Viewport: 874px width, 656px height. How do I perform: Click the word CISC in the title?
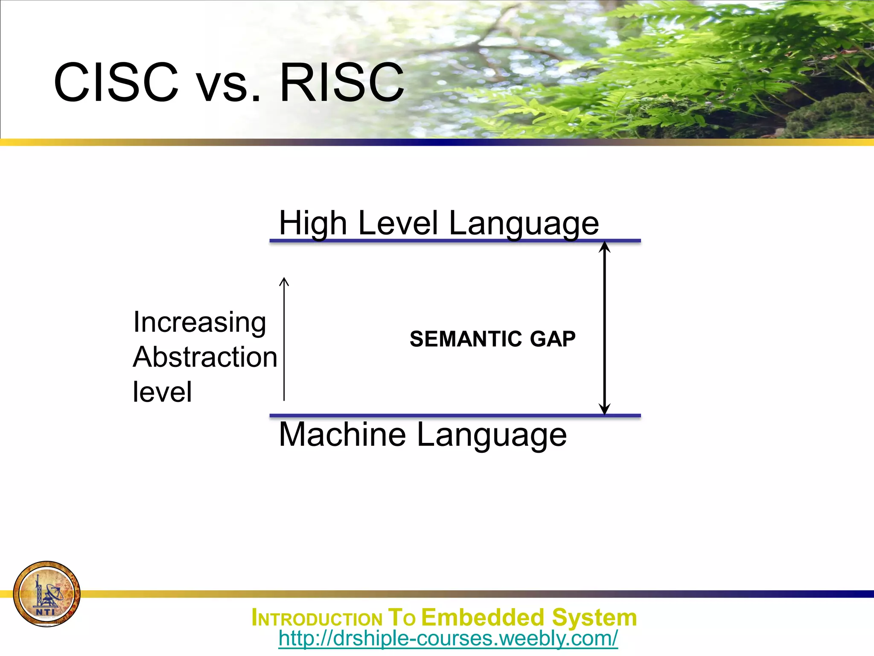[116, 82]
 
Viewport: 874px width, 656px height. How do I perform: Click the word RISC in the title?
[341, 82]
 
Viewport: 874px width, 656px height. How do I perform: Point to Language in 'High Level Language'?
[524, 224]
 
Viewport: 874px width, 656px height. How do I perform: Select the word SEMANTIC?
[466, 339]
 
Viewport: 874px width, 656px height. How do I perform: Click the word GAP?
[553, 339]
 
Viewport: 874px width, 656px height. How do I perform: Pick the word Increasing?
[199, 322]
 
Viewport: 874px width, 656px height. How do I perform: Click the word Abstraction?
[205, 357]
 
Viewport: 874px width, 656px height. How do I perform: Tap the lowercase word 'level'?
[162, 392]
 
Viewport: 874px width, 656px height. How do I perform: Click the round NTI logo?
[47, 594]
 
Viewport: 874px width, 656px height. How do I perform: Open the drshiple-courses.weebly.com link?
[448, 638]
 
